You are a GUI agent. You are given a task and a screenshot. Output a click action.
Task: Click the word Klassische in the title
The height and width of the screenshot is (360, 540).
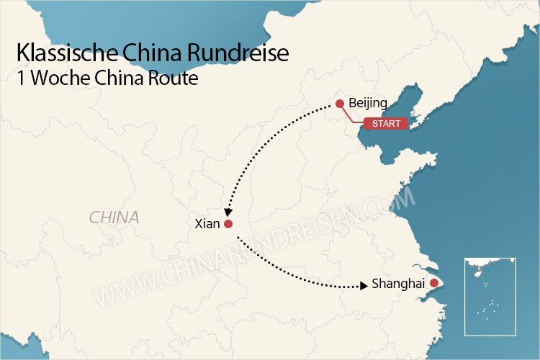coord(63,55)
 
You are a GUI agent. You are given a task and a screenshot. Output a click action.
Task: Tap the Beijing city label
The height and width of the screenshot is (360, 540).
coord(367,103)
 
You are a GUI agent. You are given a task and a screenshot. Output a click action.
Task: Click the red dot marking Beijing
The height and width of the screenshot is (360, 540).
coord(339,103)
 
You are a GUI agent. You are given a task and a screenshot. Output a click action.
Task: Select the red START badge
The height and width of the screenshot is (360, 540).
coord(386,124)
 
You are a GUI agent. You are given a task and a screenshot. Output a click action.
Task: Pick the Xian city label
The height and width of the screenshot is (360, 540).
coord(207,224)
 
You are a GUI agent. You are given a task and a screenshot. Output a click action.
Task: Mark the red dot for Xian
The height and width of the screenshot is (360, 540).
coord(228,224)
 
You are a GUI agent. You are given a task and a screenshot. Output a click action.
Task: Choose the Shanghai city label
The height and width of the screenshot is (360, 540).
coord(398,284)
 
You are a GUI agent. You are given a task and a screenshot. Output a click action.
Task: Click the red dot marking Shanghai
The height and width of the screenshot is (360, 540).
coord(433,284)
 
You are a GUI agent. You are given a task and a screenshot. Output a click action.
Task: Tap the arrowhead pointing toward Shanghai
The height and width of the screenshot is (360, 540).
coord(363,286)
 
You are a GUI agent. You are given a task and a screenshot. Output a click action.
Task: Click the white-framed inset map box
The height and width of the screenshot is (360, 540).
coord(490,296)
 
